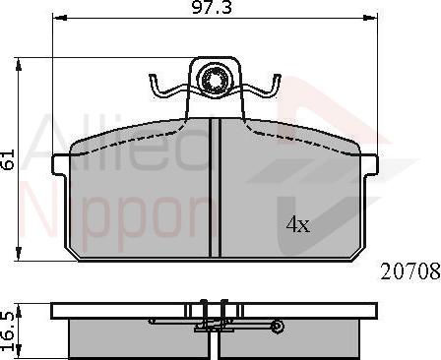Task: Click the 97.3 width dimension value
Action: (212, 7)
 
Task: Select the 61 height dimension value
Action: (8, 159)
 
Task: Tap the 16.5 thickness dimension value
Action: (9, 331)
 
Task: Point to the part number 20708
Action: (410, 272)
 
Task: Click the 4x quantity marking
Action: (298, 224)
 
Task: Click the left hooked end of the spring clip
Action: (155, 86)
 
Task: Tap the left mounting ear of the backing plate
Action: (60, 164)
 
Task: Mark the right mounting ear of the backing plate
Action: (370, 164)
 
